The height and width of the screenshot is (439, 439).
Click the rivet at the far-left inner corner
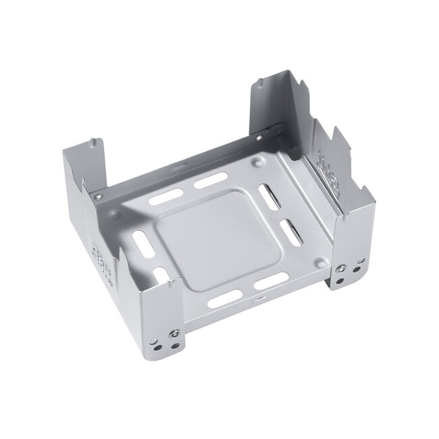pyautogui.click(x=99, y=197)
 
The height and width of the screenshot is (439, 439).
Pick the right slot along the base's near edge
pyautogui.click(x=272, y=278)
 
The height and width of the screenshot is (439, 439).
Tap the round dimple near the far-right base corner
pyautogui.click(x=261, y=162)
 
